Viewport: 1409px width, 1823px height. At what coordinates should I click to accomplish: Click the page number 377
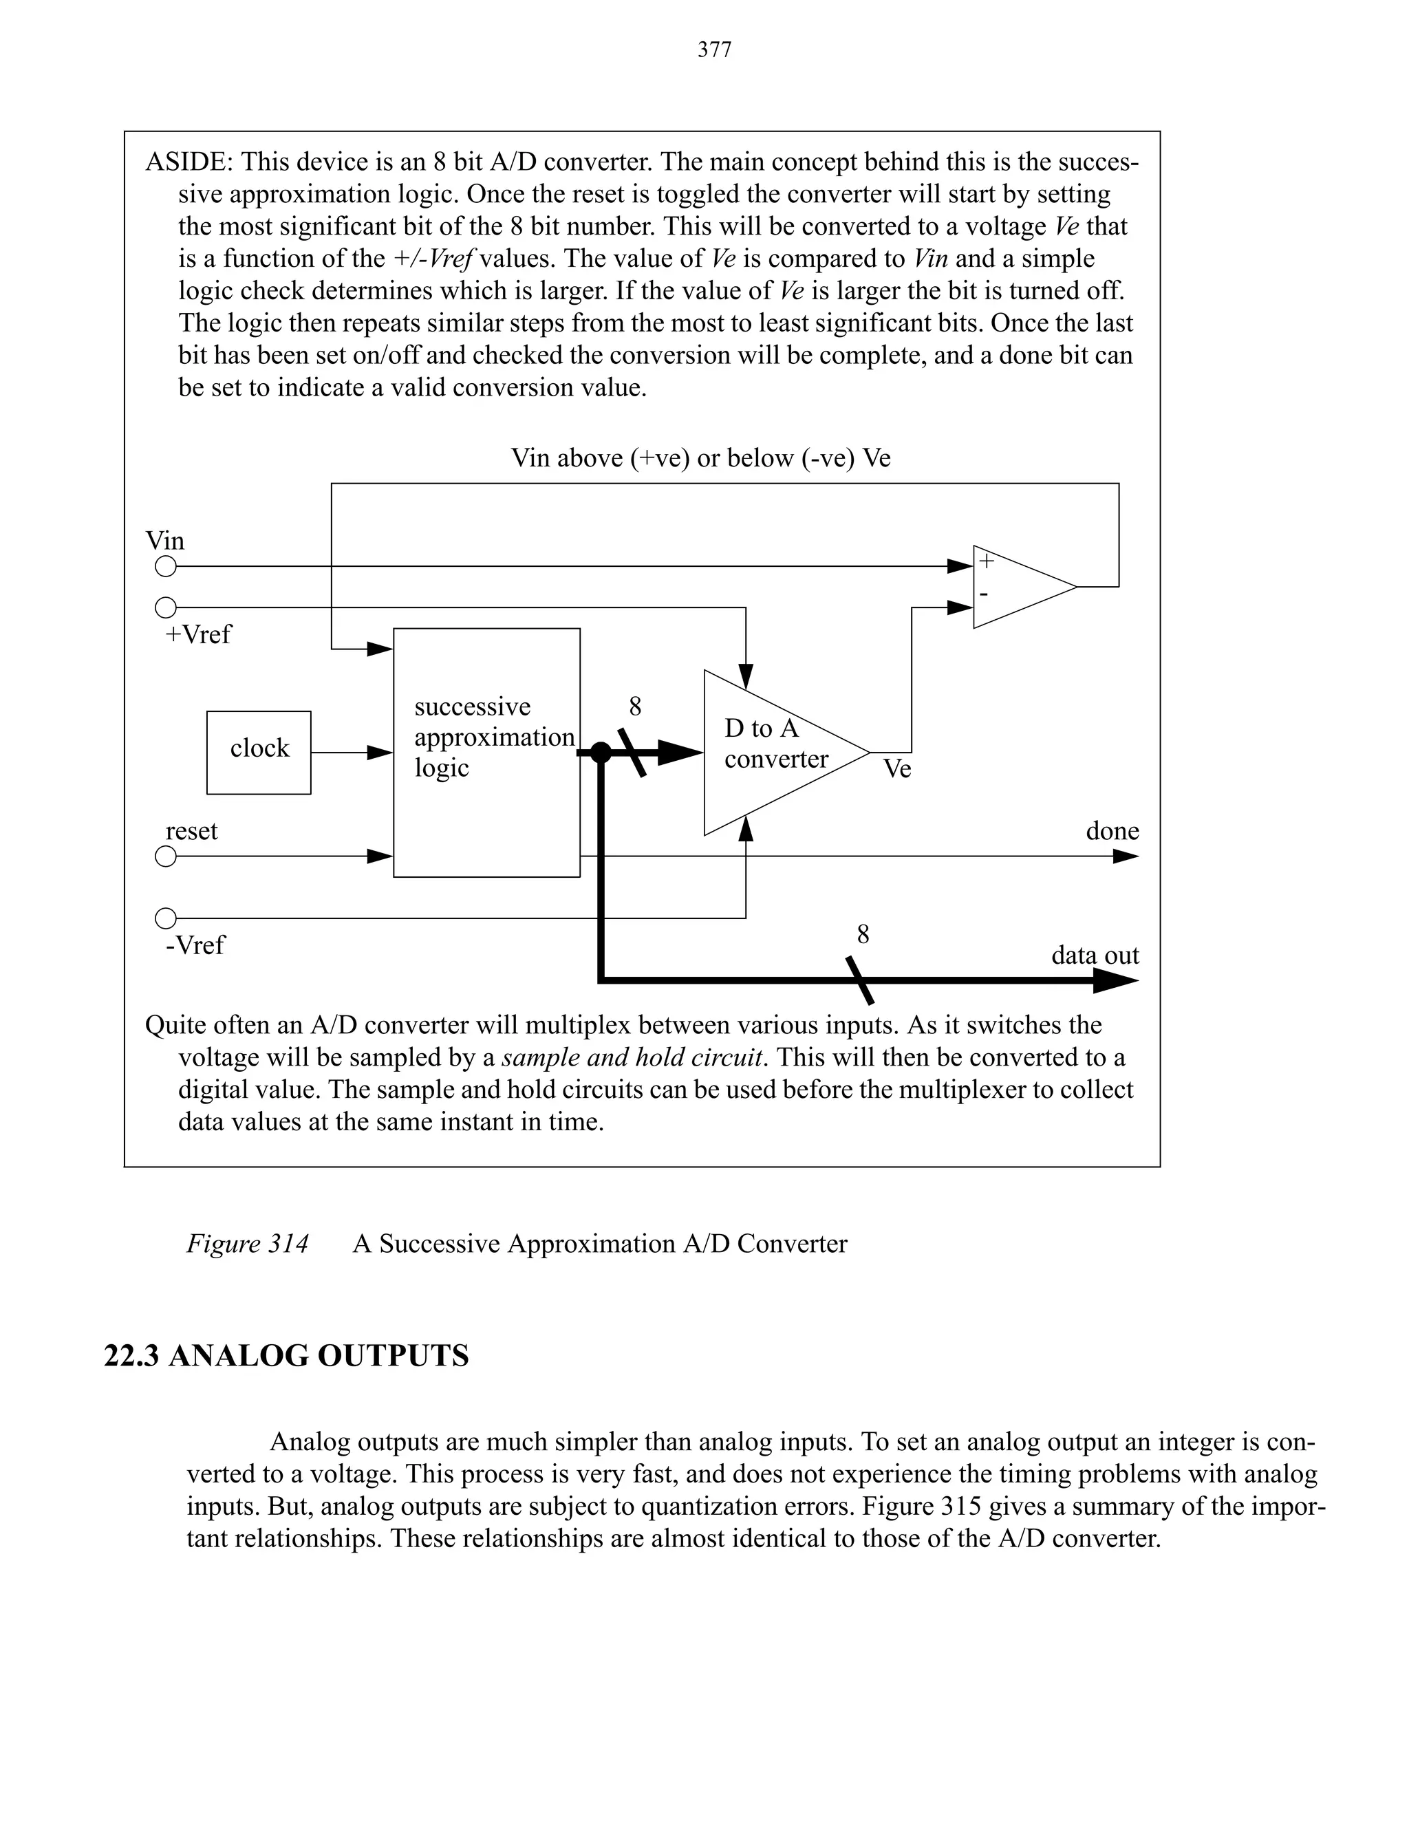pyautogui.click(x=715, y=50)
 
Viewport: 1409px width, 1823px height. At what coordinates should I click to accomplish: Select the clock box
pyautogui.click(x=259, y=752)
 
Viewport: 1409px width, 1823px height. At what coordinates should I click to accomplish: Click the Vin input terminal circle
pyautogui.click(x=166, y=567)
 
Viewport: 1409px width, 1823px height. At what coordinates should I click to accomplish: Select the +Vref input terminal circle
pyautogui.click(x=166, y=607)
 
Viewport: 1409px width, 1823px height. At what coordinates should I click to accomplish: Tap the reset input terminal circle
pyautogui.click(x=166, y=856)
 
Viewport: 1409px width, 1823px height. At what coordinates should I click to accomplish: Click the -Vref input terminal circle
pyautogui.click(x=166, y=918)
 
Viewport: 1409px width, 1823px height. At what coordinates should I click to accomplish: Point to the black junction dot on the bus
pyautogui.click(x=600, y=752)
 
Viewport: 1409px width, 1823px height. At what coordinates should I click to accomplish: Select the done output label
pyautogui.click(x=1112, y=832)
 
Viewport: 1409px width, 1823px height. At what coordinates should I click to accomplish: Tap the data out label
pyautogui.click(x=1095, y=955)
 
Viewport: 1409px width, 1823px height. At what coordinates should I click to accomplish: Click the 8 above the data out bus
pyautogui.click(x=863, y=935)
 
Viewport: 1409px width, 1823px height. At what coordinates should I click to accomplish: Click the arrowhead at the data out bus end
pyautogui.click(x=1116, y=982)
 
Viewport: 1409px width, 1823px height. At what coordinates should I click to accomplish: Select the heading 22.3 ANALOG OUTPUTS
pyautogui.click(x=286, y=1357)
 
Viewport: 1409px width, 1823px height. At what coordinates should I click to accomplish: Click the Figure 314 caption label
pyautogui.click(x=247, y=1244)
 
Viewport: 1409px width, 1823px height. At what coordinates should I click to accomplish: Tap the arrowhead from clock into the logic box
pyautogui.click(x=380, y=753)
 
